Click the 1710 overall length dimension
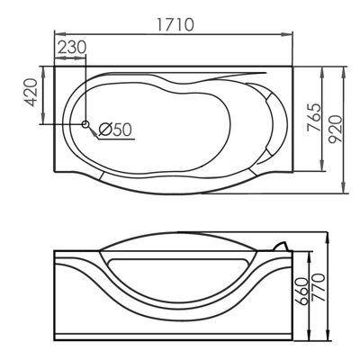pyautogui.click(x=174, y=25)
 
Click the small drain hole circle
pyautogui.click(x=85, y=124)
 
